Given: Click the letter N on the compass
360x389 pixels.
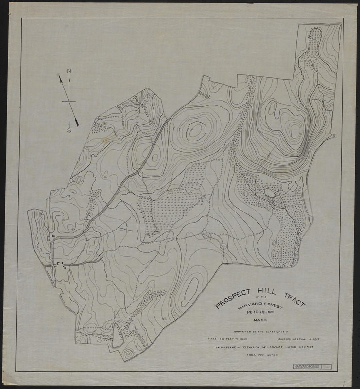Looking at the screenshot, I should (69, 71).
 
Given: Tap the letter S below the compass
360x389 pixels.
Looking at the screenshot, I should (69, 130).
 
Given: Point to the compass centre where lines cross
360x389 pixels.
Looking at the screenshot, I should (69, 101).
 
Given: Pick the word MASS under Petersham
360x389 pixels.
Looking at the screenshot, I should (262, 319).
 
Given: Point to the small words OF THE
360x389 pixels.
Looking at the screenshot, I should (262, 297).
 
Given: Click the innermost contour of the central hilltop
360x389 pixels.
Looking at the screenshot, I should (196, 129).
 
